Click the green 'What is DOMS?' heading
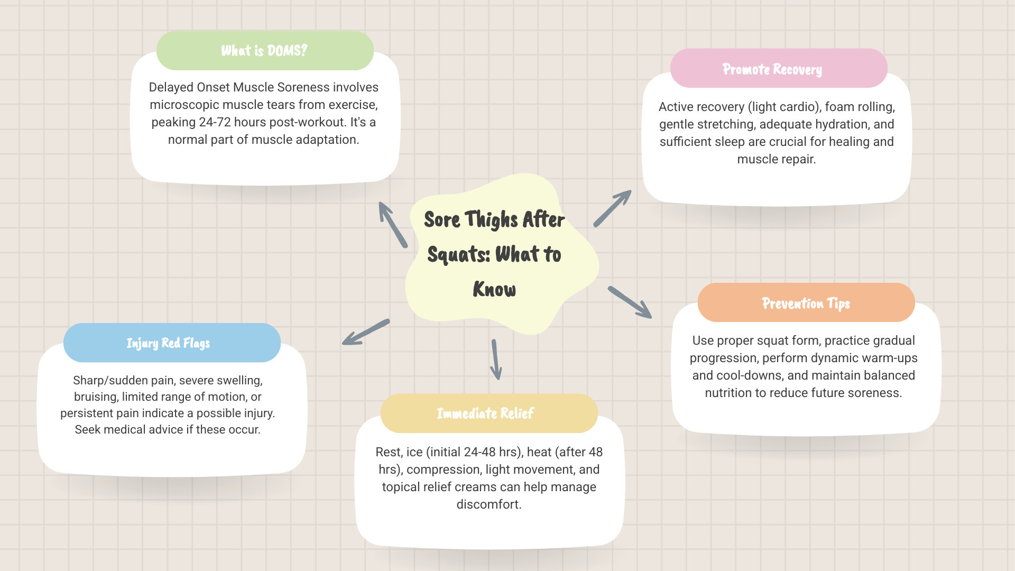coord(264,51)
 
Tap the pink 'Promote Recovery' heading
coord(772,69)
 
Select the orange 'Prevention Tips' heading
coord(806,303)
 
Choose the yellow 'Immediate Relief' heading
coord(485,413)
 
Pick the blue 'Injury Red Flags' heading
coord(168,343)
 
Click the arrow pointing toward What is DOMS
coord(393,225)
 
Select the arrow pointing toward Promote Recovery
coord(612,208)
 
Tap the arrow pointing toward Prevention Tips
coord(630,302)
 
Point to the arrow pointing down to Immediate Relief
coord(495,360)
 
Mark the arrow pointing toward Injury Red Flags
coord(366,332)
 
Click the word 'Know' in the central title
coord(494,289)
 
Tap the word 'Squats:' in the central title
coord(458,254)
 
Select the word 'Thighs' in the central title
coord(491,219)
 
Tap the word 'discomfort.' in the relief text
coord(489,504)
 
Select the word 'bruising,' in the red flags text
coord(96,397)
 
